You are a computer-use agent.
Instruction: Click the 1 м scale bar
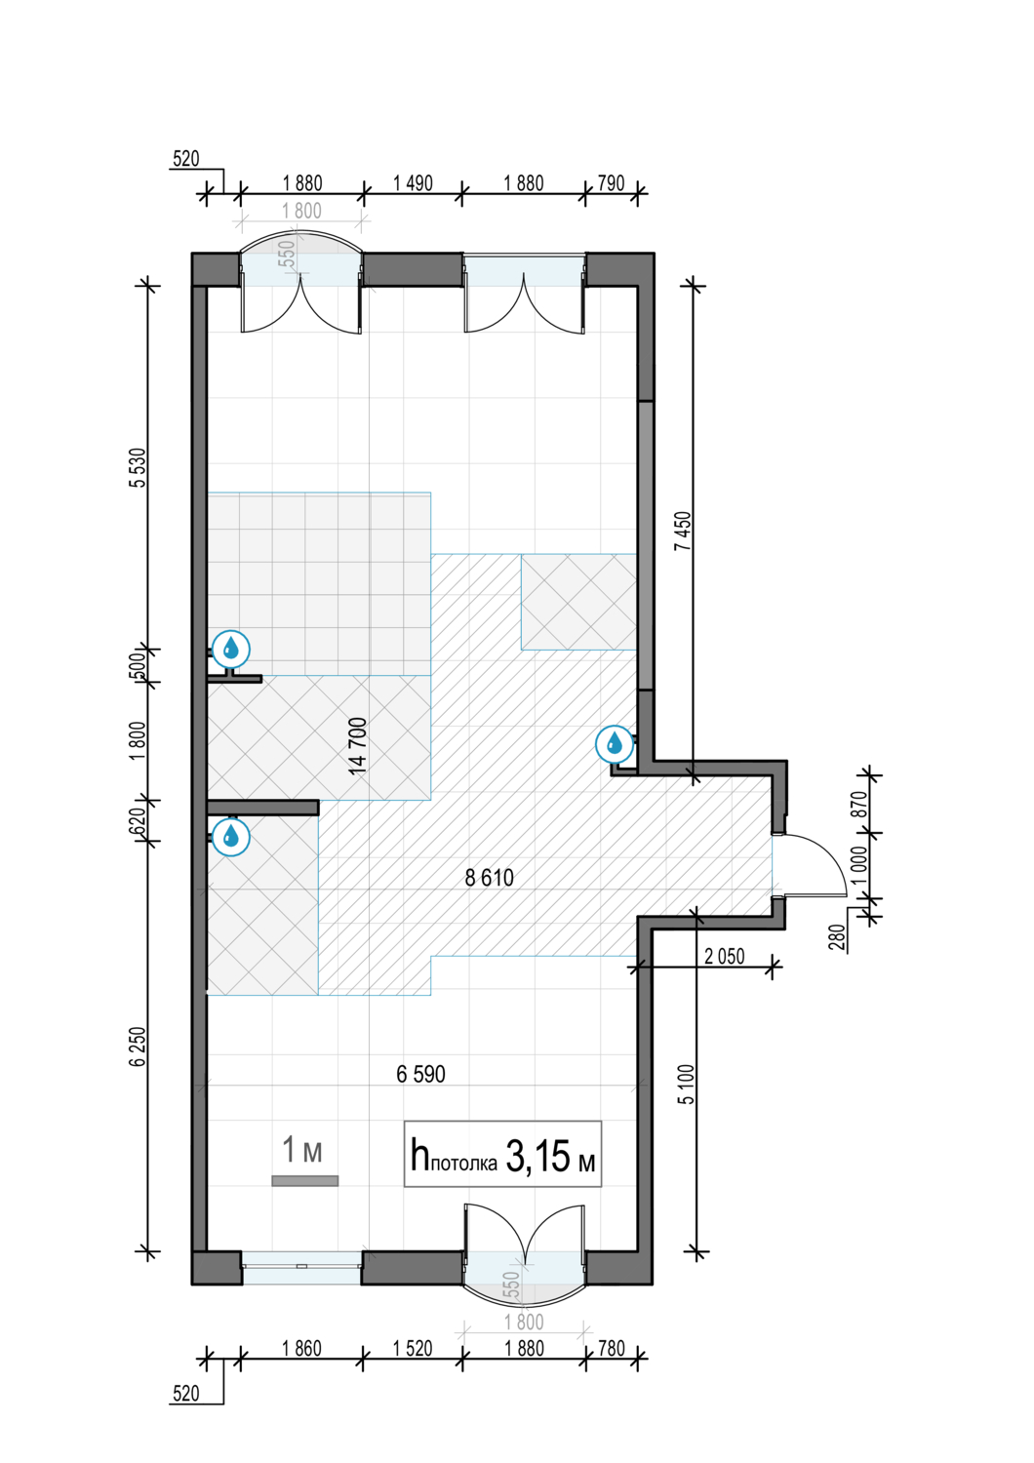(x=304, y=1180)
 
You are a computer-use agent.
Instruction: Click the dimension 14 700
(x=357, y=746)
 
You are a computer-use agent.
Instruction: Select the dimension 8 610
(x=490, y=877)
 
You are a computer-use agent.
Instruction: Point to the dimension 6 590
(x=420, y=1074)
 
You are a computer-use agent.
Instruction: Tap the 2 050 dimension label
(x=725, y=956)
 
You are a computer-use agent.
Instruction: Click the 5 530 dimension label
(x=138, y=467)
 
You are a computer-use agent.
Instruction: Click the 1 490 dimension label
(x=413, y=183)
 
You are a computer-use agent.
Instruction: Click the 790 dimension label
(x=612, y=183)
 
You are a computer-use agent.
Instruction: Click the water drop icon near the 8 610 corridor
(x=615, y=743)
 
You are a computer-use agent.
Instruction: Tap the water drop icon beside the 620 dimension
(x=230, y=836)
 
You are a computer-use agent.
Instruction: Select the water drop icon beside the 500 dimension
(x=230, y=650)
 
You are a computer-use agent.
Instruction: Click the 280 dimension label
(x=840, y=937)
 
